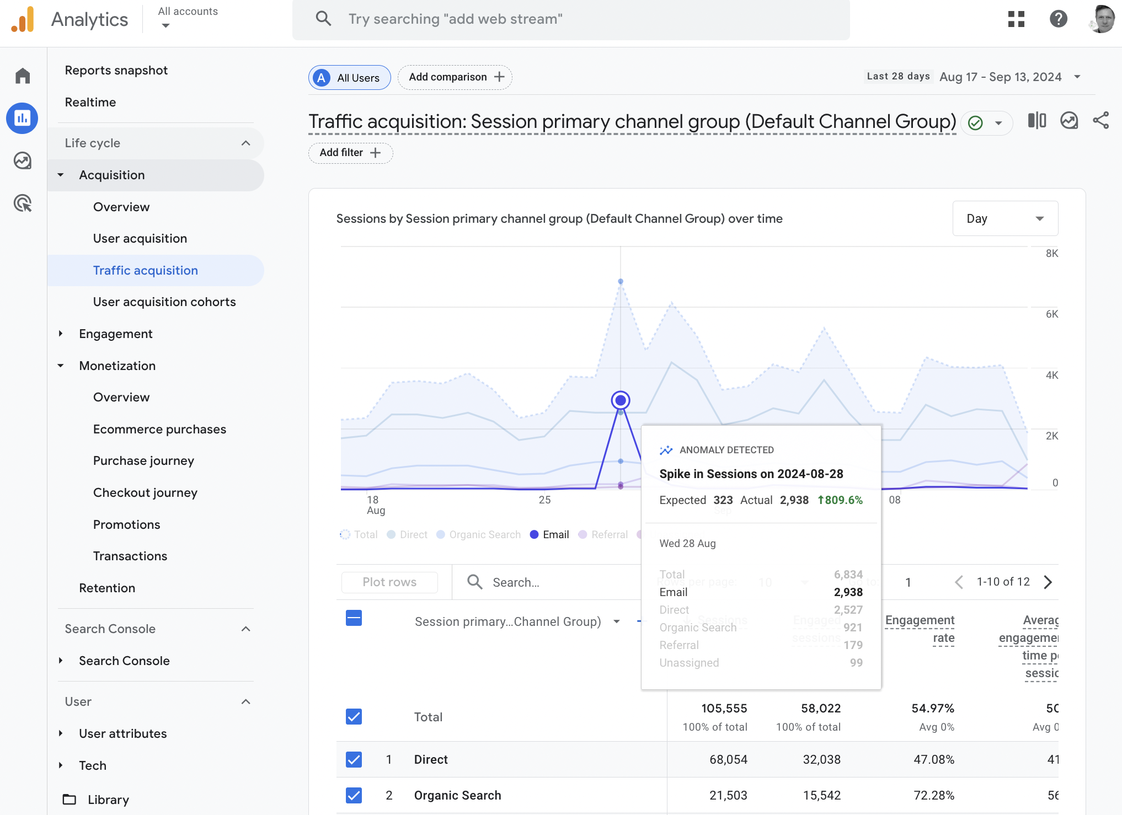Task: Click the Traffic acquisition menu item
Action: click(x=145, y=270)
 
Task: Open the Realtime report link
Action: click(x=90, y=102)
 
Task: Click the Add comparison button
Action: click(x=455, y=77)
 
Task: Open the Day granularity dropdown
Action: click(x=1005, y=218)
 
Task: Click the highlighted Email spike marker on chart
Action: click(x=621, y=400)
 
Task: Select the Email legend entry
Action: click(x=549, y=534)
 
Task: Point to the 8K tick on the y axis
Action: click(x=1051, y=253)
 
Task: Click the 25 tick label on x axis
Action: click(x=544, y=500)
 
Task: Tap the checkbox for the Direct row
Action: click(x=354, y=759)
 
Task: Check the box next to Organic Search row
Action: click(x=354, y=795)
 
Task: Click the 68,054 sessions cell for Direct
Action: click(x=728, y=759)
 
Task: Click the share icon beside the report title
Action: click(x=1100, y=120)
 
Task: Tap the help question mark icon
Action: click(x=1058, y=19)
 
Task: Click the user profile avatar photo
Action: click(x=1102, y=19)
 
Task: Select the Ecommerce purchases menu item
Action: click(x=159, y=429)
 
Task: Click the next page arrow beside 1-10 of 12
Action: click(x=1048, y=582)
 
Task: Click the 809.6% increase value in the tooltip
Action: click(x=840, y=500)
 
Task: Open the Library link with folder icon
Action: click(x=108, y=800)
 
